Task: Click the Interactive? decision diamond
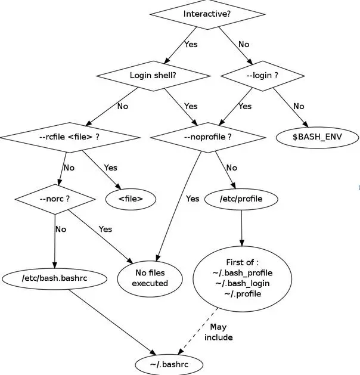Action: point(207,14)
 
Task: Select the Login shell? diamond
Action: point(153,76)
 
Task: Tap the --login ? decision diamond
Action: point(263,76)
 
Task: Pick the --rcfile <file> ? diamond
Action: point(70,138)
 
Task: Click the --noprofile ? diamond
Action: point(208,138)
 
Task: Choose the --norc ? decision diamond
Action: point(55,199)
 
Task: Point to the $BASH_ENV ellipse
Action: point(318,137)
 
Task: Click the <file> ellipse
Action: point(131,199)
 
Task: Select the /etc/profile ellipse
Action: point(241,199)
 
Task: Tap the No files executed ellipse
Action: point(150,278)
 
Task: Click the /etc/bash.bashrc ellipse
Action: point(54,278)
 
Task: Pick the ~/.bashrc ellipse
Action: point(169,364)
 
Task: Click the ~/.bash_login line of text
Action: point(243,283)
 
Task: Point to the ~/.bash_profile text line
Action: point(243,273)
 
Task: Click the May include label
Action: point(219,332)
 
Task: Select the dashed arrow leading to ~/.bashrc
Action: point(198,331)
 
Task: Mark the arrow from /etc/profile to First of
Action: point(241,228)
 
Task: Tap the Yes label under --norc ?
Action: point(105,229)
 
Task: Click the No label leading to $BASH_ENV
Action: point(299,106)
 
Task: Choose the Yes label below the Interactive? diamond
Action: point(191,45)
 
